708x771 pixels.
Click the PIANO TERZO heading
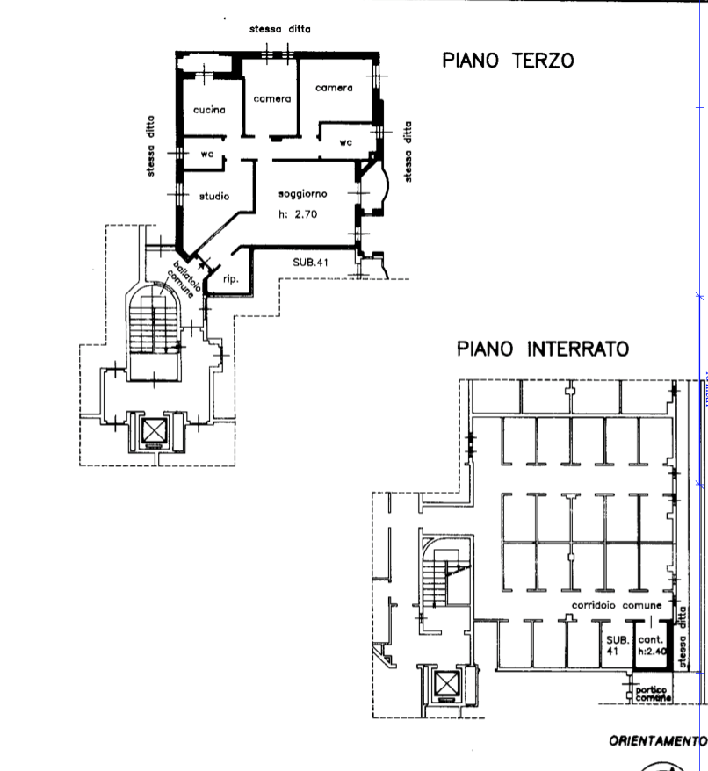click(x=508, y=61)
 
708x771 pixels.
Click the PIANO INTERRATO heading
click(x=542, y=349)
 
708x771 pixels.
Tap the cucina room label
click(x=210, y=111)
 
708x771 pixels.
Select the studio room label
click(x=214, y=196)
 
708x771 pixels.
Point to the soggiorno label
click(x=303, y=193)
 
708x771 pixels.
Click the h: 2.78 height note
click(x=297, y=213)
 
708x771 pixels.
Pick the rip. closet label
click(x=232, y=280)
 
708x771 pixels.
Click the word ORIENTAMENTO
click(x=657, y=741)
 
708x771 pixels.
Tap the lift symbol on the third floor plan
click(x=155, y=430)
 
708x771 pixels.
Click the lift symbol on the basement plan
click(x=447, y=683)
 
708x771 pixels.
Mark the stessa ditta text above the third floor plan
click(x=279, y=30)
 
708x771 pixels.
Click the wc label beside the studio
click(x=208, y=155)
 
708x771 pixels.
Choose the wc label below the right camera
click(x=345, y=141)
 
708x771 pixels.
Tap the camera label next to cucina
click(x=272, y=99)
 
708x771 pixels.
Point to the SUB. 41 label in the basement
click(x=613, y=645)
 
